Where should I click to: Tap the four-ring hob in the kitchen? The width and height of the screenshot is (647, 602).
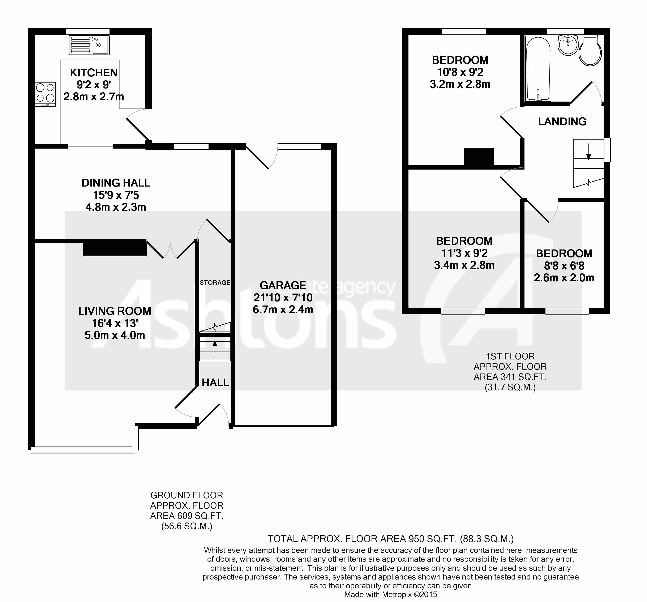tap(45, 94)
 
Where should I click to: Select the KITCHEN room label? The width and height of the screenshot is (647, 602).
tap(94, 73)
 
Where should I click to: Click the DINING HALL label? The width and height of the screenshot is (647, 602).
tap(116, 183)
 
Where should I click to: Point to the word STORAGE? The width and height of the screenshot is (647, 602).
tap(215, 283)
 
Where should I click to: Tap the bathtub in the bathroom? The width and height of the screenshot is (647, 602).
tap(538, 68)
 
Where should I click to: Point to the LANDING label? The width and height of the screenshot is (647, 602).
tap(562, 122)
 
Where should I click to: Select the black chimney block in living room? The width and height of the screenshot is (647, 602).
tap(115, 247)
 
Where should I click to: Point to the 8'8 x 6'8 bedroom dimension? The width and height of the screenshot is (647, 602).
tap(564, 266)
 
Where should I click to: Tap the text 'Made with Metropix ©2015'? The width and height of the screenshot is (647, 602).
tap(391, 594)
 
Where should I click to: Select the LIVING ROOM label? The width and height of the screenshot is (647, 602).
tap(115, 311)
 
